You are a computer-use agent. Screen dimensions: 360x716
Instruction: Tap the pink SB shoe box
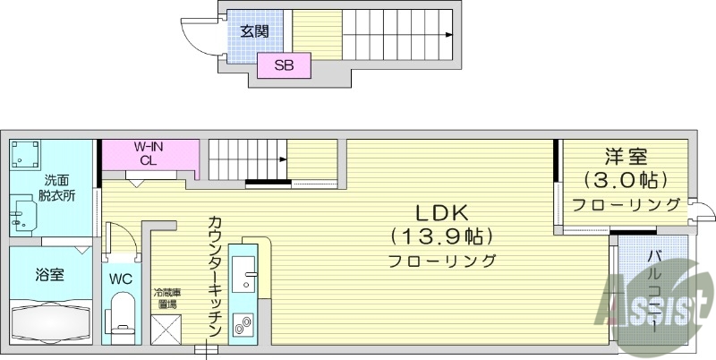284,65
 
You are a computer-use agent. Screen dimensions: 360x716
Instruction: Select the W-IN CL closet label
148,153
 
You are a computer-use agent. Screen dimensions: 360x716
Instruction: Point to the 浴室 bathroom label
49,274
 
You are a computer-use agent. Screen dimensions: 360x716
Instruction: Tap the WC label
121,279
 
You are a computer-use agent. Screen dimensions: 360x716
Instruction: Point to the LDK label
442,214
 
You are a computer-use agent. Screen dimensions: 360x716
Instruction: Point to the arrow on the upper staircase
447,35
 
